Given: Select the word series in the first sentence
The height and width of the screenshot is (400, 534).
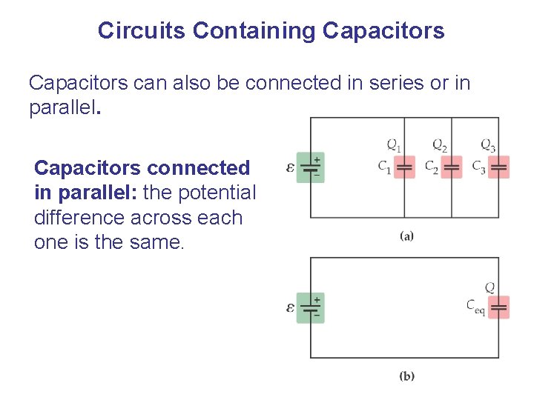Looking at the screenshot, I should pos(386,83).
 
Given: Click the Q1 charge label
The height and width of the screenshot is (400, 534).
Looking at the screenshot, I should pos(394,145).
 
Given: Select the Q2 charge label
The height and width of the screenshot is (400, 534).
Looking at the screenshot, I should pos(440,145).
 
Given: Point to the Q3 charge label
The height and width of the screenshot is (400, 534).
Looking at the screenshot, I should pos(488,145).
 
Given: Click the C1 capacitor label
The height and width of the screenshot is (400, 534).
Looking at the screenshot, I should pos(384,167).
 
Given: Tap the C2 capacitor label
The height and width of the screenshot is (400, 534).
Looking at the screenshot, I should pos(432,167).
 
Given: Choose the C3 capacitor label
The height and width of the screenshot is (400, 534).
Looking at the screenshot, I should pos(479,167).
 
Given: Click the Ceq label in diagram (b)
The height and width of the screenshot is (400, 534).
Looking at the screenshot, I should pos(475,306).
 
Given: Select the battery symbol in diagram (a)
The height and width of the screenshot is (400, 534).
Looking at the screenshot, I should pos(311,167).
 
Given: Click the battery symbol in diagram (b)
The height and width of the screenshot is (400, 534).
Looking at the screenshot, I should pos(311,307).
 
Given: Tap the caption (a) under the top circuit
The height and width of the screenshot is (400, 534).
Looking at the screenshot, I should pos(406,236).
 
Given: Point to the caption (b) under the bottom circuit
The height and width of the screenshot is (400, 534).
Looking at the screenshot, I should pos(406,376).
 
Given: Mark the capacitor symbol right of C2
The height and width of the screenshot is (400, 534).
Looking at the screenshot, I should pos(452,167).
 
